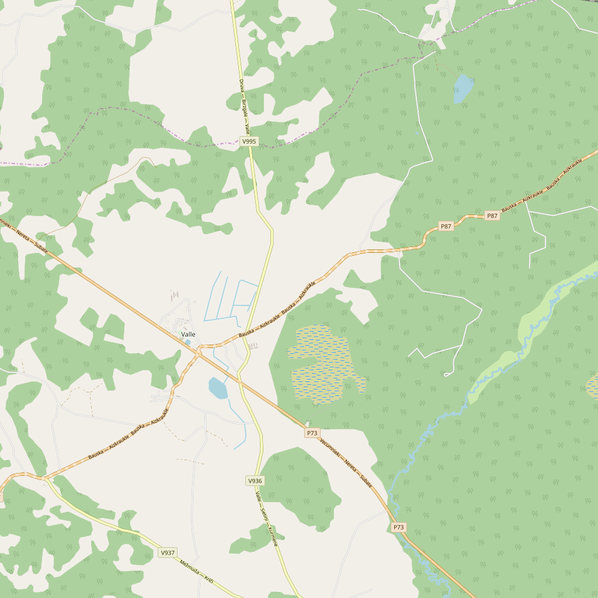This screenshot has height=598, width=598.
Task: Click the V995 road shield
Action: [249, 141]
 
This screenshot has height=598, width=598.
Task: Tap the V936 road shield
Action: [255, 481]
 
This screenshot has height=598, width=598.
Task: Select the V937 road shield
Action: [168, 552]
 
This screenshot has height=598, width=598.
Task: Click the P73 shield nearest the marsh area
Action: [312, 433]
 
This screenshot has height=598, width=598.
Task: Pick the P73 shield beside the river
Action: [398, 527]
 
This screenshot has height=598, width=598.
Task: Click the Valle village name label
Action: [189, 334]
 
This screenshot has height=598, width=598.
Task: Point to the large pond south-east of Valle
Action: [218, 388]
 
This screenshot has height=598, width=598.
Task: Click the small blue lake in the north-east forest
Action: [463, 88]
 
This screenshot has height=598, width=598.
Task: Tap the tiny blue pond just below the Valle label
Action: [187, 342]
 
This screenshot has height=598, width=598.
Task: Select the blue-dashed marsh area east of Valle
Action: [323, 363]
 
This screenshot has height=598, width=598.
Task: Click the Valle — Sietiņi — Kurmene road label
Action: [266, 514]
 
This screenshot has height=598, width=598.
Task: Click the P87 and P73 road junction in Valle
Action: [199, 352]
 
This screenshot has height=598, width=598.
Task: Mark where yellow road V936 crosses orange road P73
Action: [239, 382]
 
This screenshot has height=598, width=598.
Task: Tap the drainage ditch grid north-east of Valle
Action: [231, 298]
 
